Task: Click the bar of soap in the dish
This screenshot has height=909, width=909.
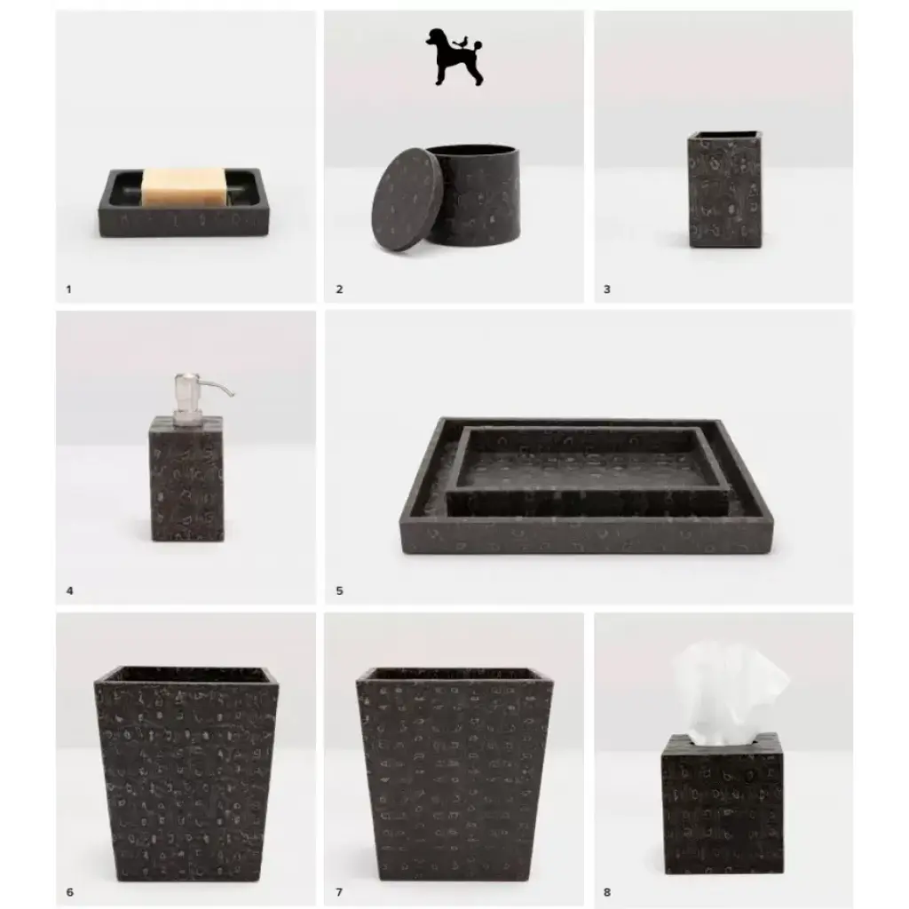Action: coord(183,186)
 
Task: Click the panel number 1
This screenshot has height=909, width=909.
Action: coord(68,289)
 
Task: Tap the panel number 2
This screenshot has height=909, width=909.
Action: coord(339,289)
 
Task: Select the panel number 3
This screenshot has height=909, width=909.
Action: coord(607,289)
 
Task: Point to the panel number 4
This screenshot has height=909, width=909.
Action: coord(69,590)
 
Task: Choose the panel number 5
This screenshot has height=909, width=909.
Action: coord(339,590)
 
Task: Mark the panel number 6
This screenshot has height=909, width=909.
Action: coord(69,892)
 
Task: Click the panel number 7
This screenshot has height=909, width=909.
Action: coord(339,892)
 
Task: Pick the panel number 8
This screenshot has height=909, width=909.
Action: coord(607,892)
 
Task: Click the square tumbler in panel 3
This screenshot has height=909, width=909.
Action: coord(724,190)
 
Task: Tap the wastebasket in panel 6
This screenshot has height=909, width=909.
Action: coord(186,774)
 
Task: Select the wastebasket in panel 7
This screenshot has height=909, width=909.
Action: coord(454,774)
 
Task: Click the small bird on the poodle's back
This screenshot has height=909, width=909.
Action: coord(462,42)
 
